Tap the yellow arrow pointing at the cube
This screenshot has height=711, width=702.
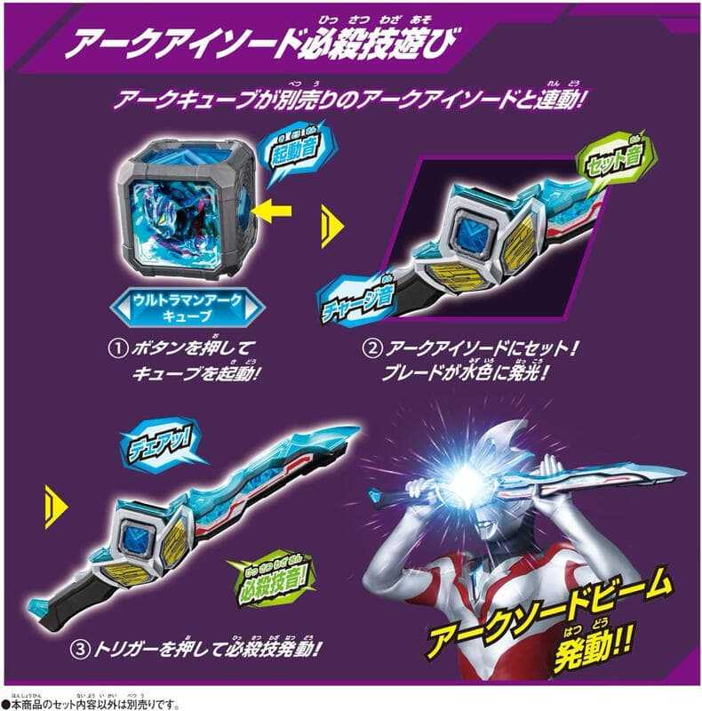(x=272, y=211)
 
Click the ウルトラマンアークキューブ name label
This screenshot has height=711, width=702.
(x=187, y=307)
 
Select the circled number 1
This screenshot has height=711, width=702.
(x=118, y=349)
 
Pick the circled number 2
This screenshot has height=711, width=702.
(x=371, y=349)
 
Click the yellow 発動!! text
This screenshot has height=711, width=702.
(x=594, y=649)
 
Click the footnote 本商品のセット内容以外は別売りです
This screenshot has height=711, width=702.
(x=91, y=704)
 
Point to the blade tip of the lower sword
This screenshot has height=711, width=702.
(x=358, y=427)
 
